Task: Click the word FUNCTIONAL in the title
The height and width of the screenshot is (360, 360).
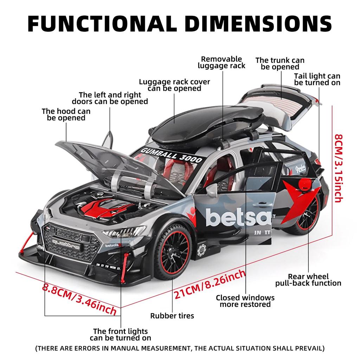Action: (100, 24)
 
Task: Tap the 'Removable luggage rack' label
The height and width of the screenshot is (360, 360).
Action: (221, 62)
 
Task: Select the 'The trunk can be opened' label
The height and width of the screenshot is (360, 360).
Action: (280, 64)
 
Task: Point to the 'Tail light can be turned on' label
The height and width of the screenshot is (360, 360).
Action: (317, 79)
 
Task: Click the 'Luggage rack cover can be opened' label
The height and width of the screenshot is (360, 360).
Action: (174, 85)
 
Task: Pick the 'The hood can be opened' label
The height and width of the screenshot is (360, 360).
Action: (66, 115)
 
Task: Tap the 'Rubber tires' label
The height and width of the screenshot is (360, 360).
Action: (172, 316)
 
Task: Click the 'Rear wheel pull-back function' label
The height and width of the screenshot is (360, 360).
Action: (308, 280)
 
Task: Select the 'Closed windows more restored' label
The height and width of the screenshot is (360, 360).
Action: (245, 301)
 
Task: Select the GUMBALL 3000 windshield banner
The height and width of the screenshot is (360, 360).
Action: (171, 155)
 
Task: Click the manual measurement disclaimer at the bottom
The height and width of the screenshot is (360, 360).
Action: (180, 349)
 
